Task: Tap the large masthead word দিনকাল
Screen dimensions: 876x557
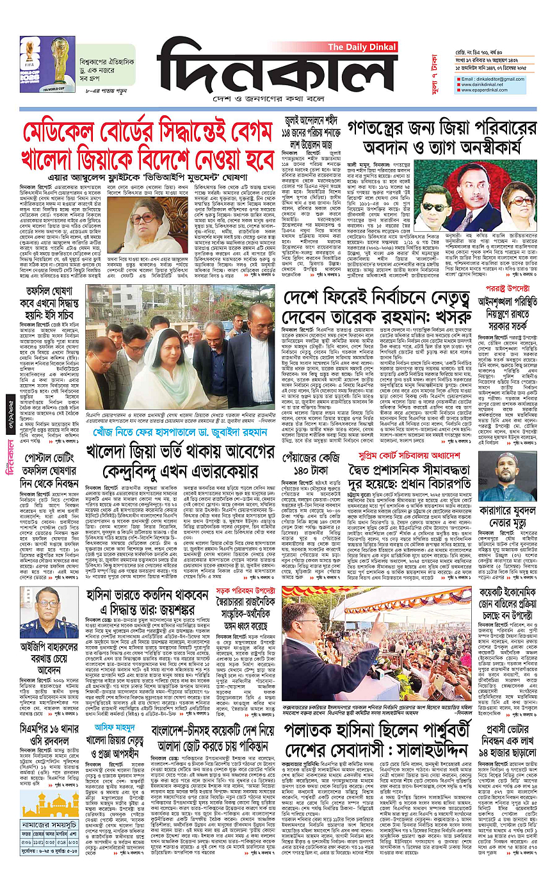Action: (276, 75)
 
